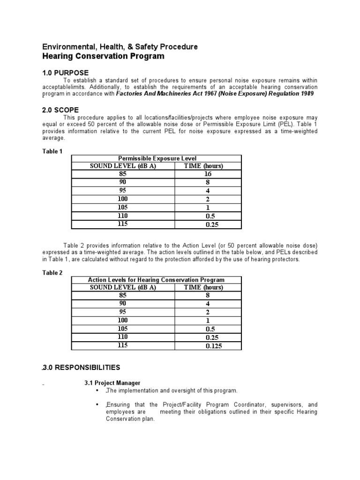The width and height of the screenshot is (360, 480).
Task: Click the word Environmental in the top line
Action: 64,47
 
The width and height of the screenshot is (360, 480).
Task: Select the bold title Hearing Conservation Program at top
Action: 104,56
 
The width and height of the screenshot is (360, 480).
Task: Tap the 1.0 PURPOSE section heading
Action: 65,74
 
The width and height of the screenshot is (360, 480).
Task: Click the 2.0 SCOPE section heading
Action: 61,110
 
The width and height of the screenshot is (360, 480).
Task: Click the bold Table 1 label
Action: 52,151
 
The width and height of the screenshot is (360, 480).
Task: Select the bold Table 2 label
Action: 52,272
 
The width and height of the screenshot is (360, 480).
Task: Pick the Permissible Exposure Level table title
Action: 156,158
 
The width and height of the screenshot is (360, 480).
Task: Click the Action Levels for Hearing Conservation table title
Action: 156,280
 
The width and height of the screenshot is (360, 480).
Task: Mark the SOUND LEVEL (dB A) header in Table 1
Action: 123,166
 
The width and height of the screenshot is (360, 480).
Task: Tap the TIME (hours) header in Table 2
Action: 203,287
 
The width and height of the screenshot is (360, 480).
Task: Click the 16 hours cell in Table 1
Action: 208,174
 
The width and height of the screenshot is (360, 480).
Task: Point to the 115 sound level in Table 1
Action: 123,224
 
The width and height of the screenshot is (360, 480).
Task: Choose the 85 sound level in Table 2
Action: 123,295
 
